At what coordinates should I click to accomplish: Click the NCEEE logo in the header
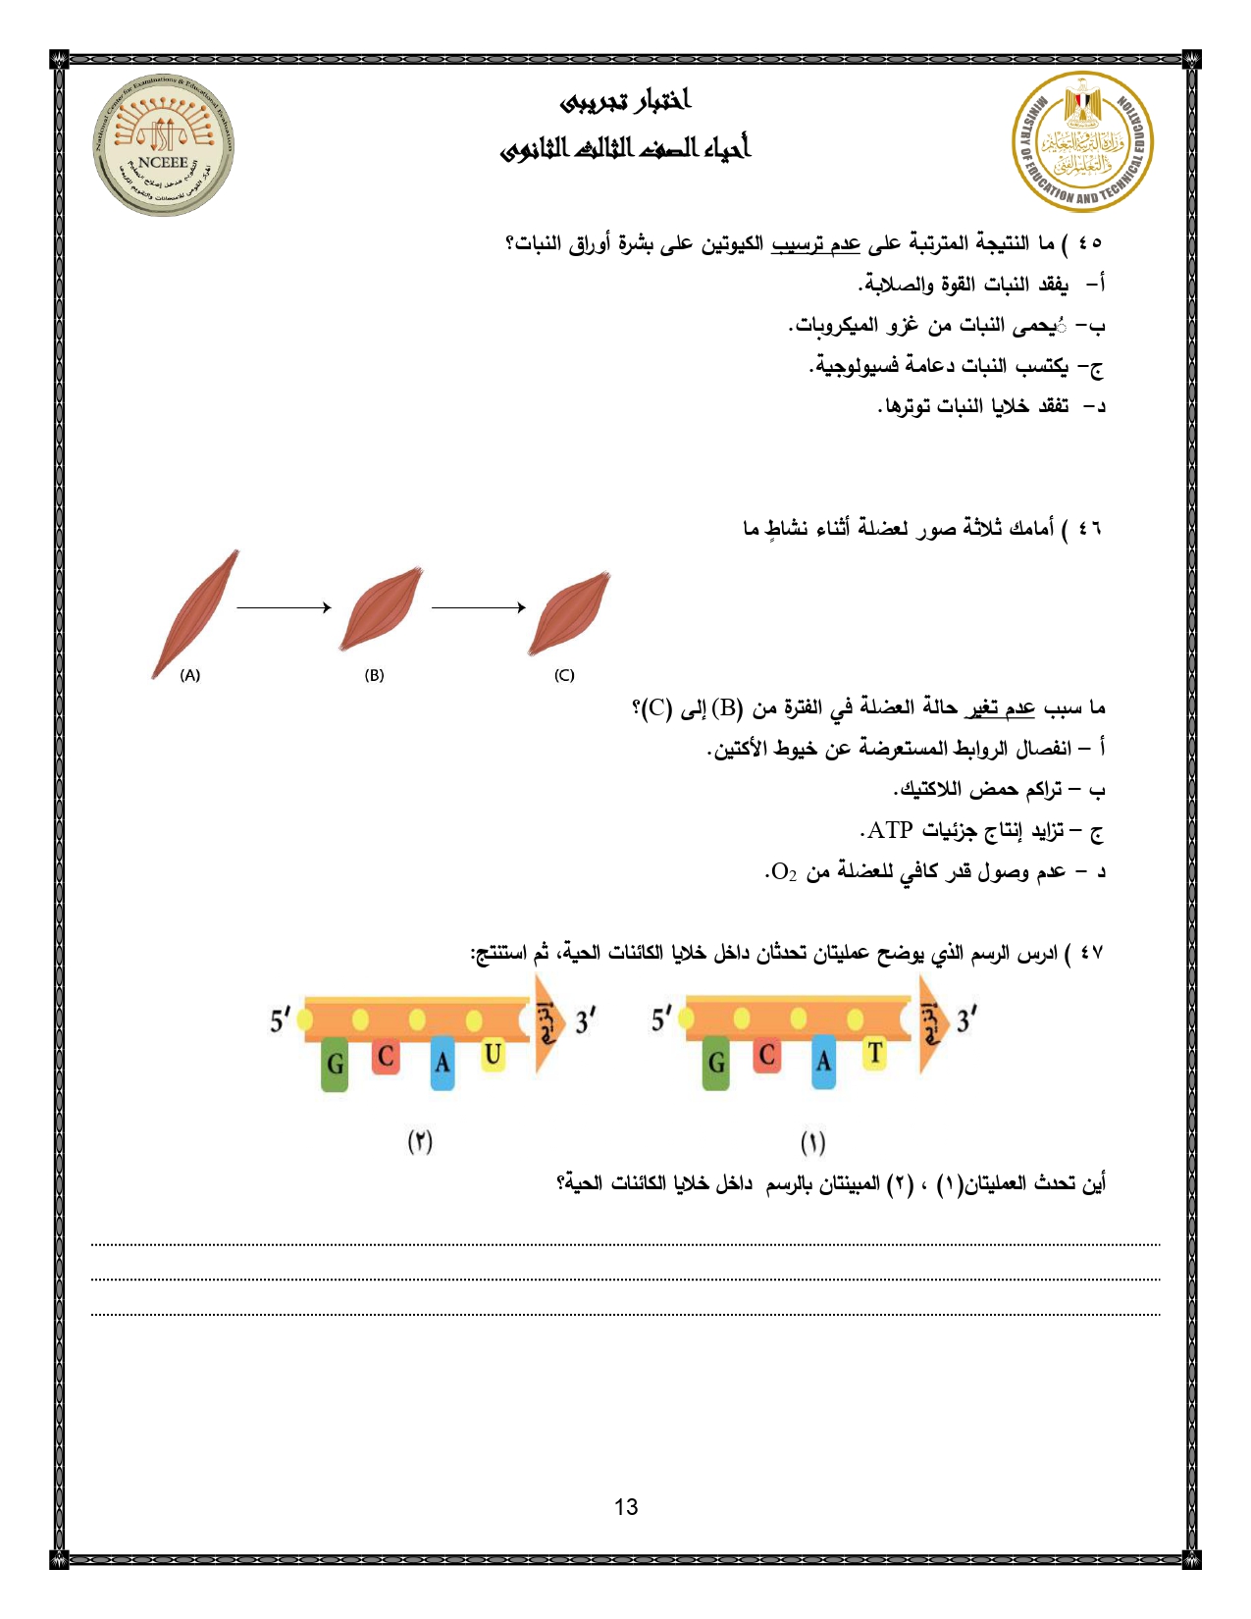[163, 144]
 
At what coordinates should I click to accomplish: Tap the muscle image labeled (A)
[195, 613]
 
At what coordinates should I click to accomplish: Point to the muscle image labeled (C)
[569, 612]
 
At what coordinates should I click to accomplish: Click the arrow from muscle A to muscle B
[284, 607]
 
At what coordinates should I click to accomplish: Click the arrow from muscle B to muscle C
[479, 607]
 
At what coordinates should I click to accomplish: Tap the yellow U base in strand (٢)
[493, 1056]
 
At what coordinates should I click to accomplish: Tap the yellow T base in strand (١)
[873, 1054]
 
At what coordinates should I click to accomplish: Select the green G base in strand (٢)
[336, 1064]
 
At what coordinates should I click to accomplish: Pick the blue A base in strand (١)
[823, 1062]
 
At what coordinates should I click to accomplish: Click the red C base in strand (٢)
[386, 1056]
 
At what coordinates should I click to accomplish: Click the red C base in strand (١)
[767, 1055]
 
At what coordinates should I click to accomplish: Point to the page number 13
[626, 1507]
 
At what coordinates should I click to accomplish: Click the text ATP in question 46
[890, 830]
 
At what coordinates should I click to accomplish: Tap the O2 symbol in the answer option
[783, 871]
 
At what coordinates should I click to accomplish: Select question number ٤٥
[1090, 242]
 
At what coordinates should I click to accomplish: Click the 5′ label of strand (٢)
[280, 1020]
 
